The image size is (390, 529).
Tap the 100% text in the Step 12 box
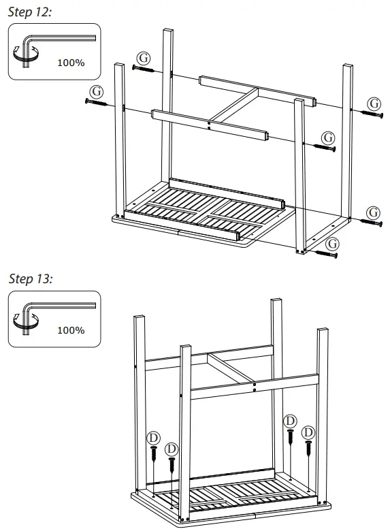[x=70, y=63]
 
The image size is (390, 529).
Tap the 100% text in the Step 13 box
[x=70, y=330]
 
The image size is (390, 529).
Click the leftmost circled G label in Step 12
[x=97, y=90]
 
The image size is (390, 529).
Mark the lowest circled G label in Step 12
[x=331, y=243]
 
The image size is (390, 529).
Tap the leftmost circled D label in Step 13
[x=154, y=436]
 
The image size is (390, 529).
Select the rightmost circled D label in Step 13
[x=308, y=432]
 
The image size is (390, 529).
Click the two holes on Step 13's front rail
[x=254, y=386]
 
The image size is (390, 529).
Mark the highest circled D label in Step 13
[x=291, y=421]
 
